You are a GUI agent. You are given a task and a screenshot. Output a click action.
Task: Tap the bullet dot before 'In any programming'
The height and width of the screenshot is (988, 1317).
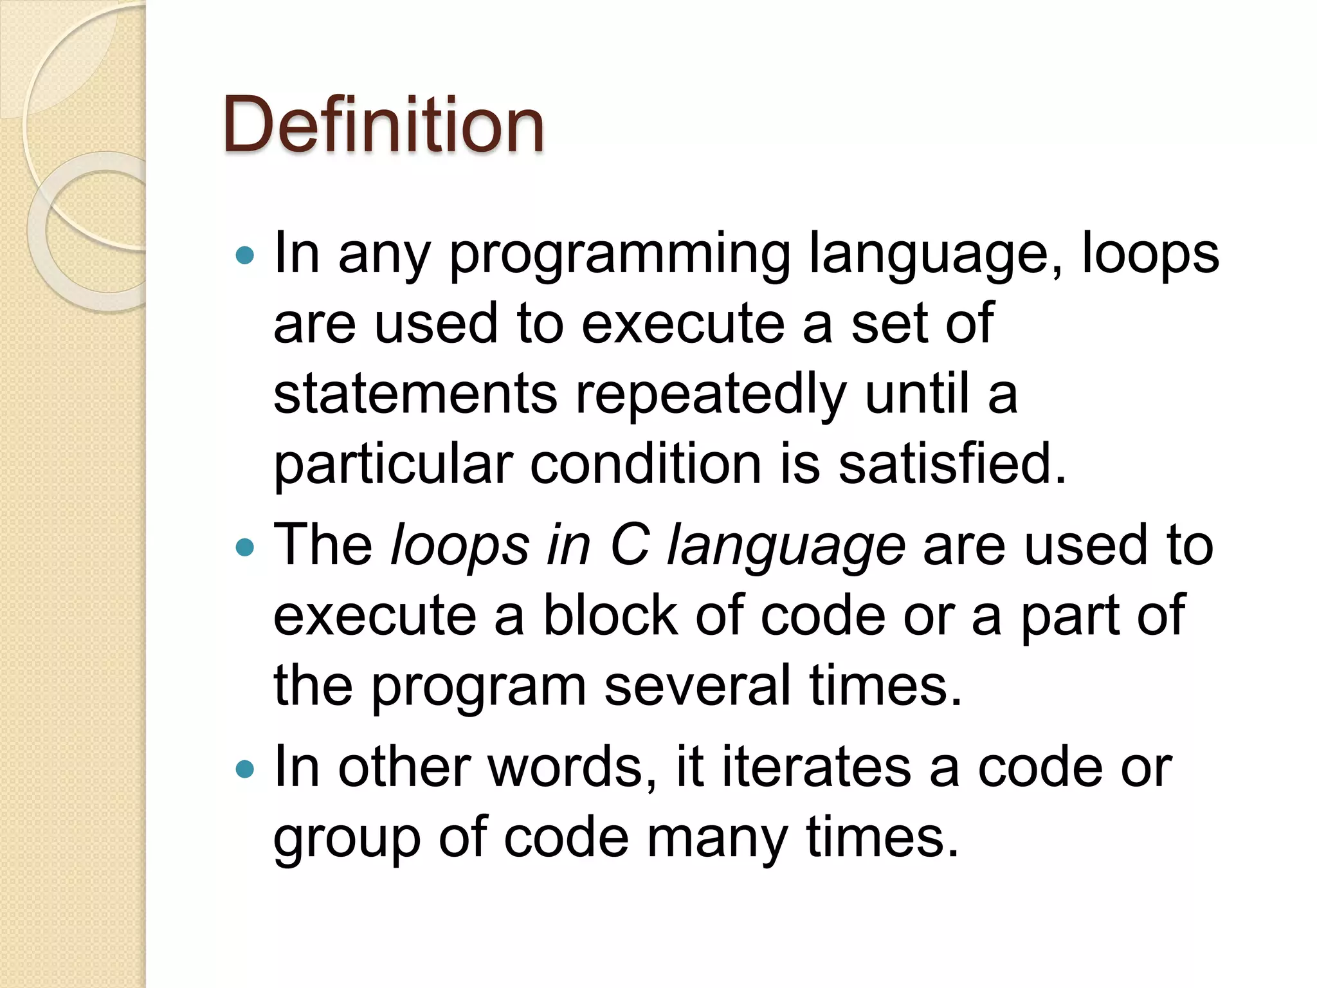(245, 256)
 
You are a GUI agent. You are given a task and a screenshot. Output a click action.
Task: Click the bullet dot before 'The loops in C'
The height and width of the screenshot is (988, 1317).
(245, 548)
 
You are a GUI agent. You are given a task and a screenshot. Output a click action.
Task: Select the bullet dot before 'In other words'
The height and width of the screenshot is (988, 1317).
(245, 769)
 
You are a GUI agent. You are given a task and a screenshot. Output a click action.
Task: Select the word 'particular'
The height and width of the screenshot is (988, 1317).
(393, 466)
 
